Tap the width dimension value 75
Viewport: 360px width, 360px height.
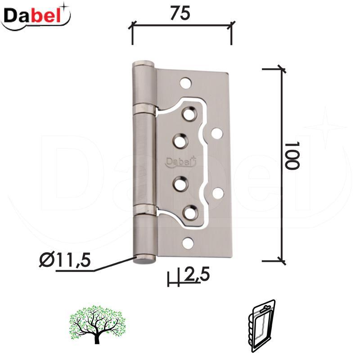coord(180,13)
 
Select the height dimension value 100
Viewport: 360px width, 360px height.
coord(292,155)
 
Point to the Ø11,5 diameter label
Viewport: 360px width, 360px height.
coord(65,261)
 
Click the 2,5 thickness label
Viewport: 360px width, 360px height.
coord(197,274)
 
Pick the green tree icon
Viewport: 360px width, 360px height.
coord(97,324)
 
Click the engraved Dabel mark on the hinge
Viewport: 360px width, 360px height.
coord(181,162)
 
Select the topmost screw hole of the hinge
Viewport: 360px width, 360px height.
coord(186,83)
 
